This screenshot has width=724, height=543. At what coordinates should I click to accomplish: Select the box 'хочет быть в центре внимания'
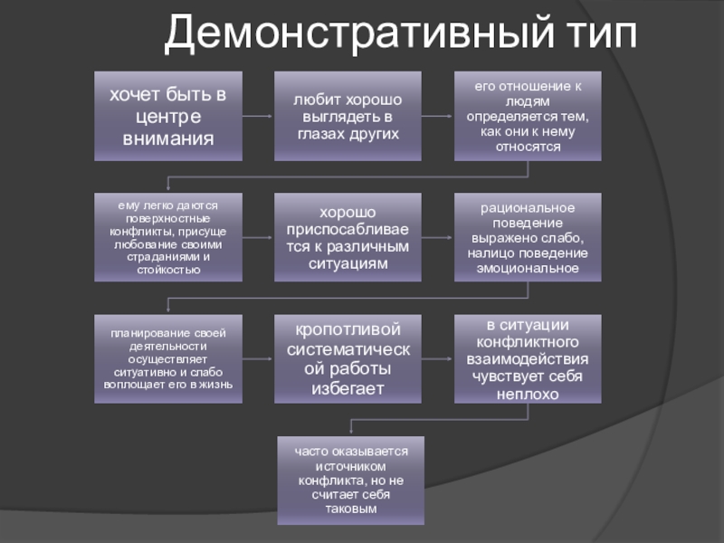tap(168, 116)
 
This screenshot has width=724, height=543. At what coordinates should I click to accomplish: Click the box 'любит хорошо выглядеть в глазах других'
tap(348, 116)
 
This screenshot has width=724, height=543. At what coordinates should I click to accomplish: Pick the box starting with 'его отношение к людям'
tap(528, 116)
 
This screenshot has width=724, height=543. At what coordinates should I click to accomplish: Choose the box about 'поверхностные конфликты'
tap(168, 237)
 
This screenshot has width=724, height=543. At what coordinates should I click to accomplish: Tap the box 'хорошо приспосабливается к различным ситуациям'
tap(348, 237)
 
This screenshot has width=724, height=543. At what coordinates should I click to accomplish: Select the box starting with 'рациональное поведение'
tap(528, 237)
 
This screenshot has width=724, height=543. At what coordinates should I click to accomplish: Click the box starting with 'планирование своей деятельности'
tap(168, 358)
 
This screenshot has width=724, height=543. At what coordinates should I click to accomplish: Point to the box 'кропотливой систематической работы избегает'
tap(348, 358)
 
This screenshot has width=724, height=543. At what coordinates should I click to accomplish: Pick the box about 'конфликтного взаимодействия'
tap(528, 358)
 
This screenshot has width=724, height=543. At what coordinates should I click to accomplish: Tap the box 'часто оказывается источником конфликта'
tap(349, 481)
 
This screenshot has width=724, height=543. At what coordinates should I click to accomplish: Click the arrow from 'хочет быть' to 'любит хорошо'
tap(258, 116)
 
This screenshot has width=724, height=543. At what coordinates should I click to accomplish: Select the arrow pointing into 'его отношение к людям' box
tap(437, 116)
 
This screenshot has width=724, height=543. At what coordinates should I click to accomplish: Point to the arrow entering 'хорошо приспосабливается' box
tap(258, 237)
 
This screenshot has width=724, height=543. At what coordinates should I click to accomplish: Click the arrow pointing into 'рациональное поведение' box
tap(437, 237)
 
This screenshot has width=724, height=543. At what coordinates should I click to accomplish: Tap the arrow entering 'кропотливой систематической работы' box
tap(258, 358)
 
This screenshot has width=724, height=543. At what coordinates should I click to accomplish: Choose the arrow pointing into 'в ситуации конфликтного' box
tap(437, 358)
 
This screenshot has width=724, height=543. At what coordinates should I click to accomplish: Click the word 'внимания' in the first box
tap(168, 139)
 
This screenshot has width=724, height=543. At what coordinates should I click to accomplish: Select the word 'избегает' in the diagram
tap(348, 389)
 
